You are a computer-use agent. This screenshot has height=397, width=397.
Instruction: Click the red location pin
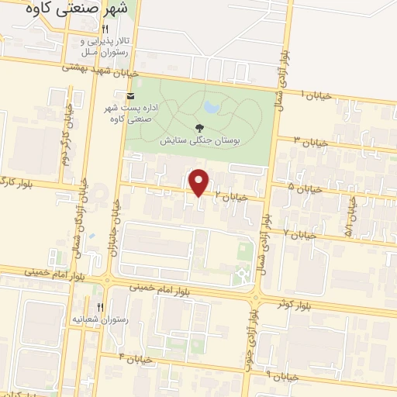pyautogui.click(x=199, y=181)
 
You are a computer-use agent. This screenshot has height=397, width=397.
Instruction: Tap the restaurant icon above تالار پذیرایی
pyautogui.click(x=116, y=29)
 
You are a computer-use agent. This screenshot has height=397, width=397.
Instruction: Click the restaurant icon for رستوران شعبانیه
pyautogui.click(x=99, y=307)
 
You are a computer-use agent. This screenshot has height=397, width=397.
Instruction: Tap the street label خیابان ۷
pyautogui.click(x=299, y=233)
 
